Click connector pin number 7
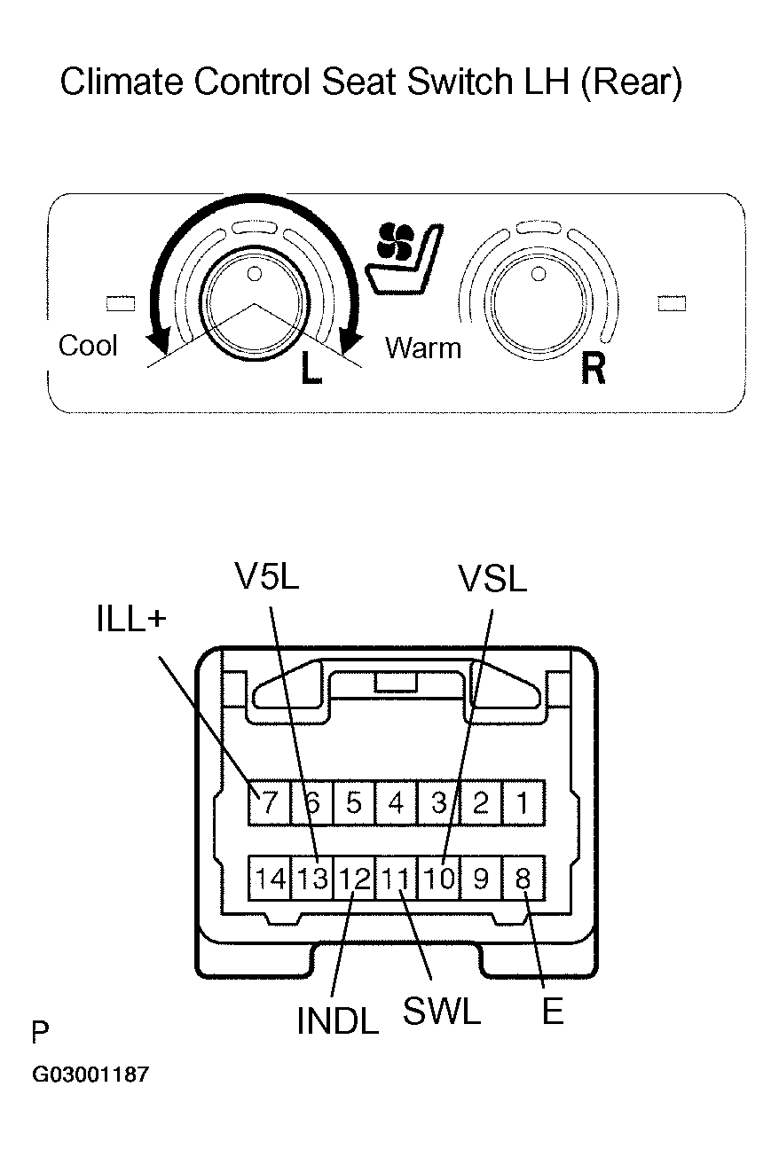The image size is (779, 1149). coord(270,803)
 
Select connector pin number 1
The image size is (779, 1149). coord(523,803)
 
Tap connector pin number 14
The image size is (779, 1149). coord(270,879)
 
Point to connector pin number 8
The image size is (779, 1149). coord(523,879)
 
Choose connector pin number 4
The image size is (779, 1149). coord(396,803)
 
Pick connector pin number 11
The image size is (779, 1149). coord(396,879)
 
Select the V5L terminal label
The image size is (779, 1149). coord(267,577)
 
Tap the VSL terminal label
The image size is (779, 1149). coord(492,579)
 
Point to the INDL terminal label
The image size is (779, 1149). coord(337,1020)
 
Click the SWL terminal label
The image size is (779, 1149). coord(441,1011)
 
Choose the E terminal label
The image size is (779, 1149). coord(552,1012)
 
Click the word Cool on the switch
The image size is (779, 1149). coord(88,345)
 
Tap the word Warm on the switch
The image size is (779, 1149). coord(423,348)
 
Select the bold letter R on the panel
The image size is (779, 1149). coord(593,369)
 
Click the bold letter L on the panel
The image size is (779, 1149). coord(311,369)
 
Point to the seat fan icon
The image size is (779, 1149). coord(404,256)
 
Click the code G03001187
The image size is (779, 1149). coord(90,1075)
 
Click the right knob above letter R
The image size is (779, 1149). coord(536,302)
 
